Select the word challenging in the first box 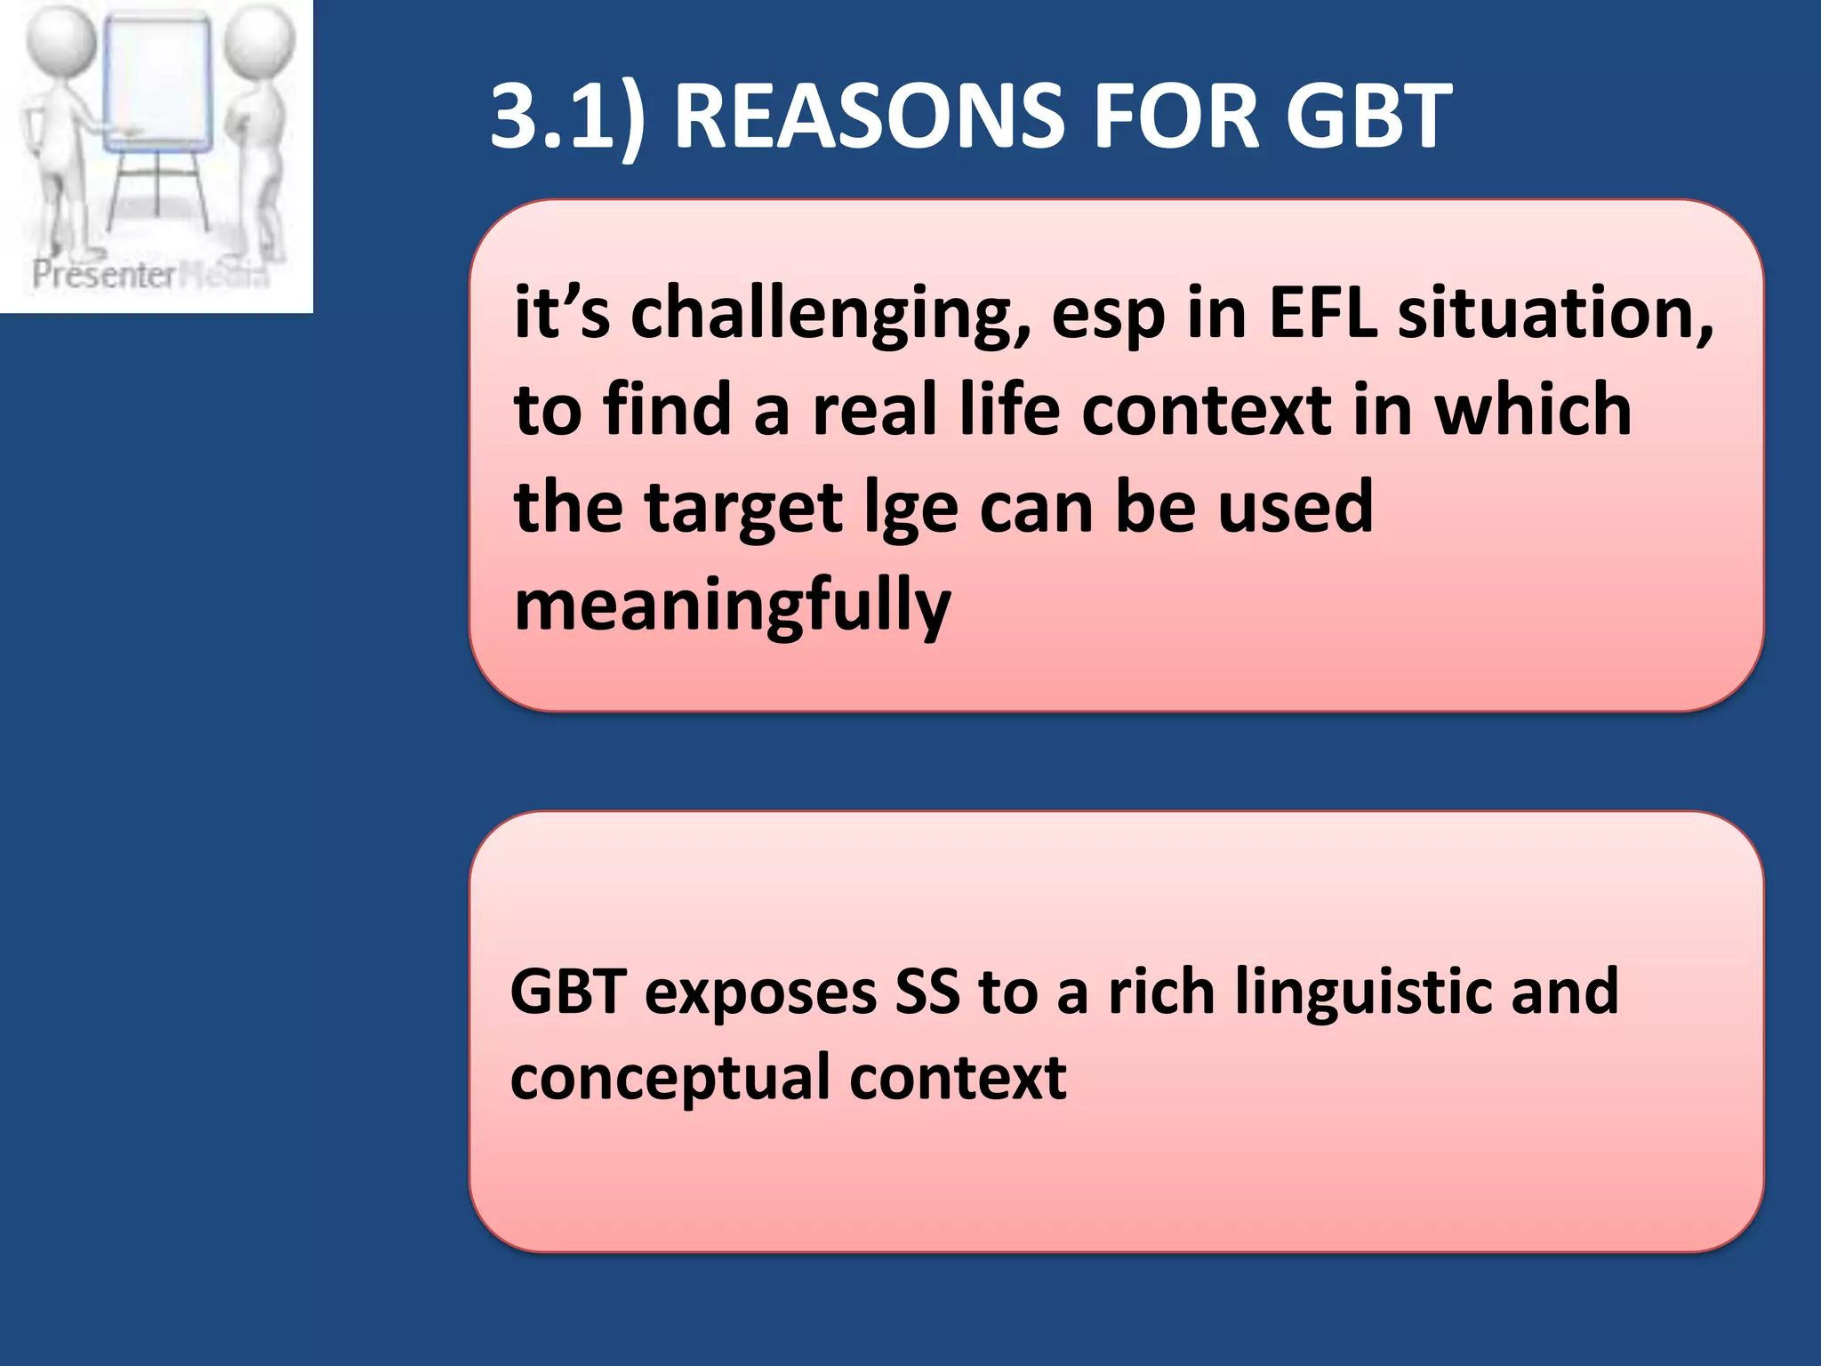(x=830, y=315)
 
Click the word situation (x=1555, y=313)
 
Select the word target (x=743, y=509)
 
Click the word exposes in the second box (x=760, y=993)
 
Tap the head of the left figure (x=60, y=40)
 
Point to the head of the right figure (x=259, y=40)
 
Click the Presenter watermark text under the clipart (x=104, y=275)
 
